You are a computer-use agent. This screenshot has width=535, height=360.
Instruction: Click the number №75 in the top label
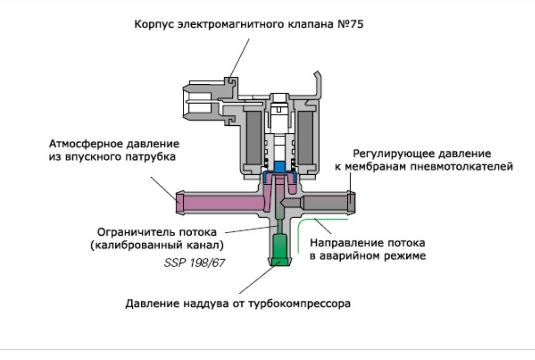(350, 24)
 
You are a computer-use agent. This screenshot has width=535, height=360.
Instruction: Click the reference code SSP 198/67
(195, 263)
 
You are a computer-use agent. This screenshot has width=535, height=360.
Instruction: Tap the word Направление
(341, 243)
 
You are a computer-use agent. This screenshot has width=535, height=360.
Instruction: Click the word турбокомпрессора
(299, 304)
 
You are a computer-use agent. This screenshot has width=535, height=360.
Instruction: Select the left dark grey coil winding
(253, 138)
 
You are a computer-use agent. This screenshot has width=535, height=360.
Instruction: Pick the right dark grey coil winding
(305, 138)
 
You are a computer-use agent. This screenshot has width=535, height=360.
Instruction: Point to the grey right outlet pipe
(326, 203)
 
